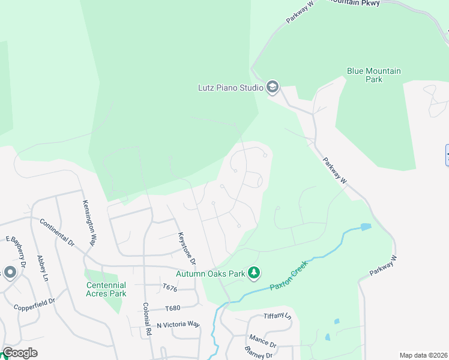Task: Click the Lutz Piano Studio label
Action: [x=231, y=88]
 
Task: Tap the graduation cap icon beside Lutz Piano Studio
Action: [x=273, y=88]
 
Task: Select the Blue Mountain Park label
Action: [x=373, y=75]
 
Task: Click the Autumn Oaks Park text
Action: [x=210, y=274]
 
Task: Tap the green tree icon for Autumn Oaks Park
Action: [x=255, y=274]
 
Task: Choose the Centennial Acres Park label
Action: [x=106, y=289]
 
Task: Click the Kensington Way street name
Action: [x=89, y=223]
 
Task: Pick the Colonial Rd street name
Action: [x=146, y=318]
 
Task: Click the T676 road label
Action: [x=171, y=288]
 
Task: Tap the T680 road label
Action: [x=172, y=308]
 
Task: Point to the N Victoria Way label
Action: [x=178, y=325]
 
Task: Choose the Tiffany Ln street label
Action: [x=277, y=316]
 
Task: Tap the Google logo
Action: [x=20, y=353]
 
